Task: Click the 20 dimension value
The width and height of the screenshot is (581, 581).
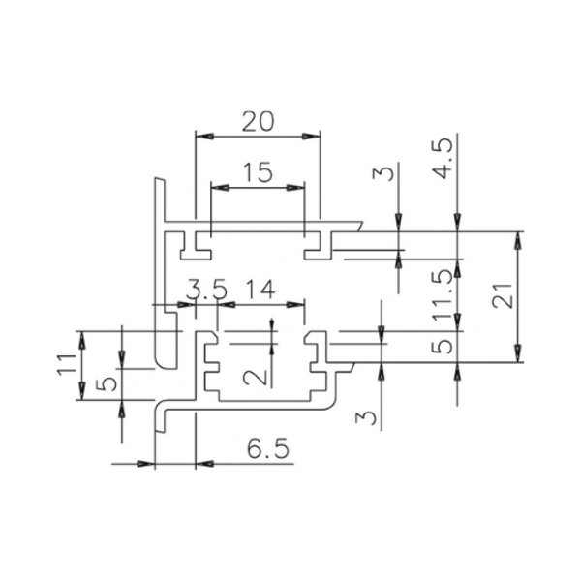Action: (259, 120)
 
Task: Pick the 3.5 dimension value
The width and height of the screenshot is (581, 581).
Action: (206, 289)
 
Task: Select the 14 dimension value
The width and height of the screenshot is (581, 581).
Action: (261, 289)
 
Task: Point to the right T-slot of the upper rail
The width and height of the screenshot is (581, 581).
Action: (318, 246)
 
